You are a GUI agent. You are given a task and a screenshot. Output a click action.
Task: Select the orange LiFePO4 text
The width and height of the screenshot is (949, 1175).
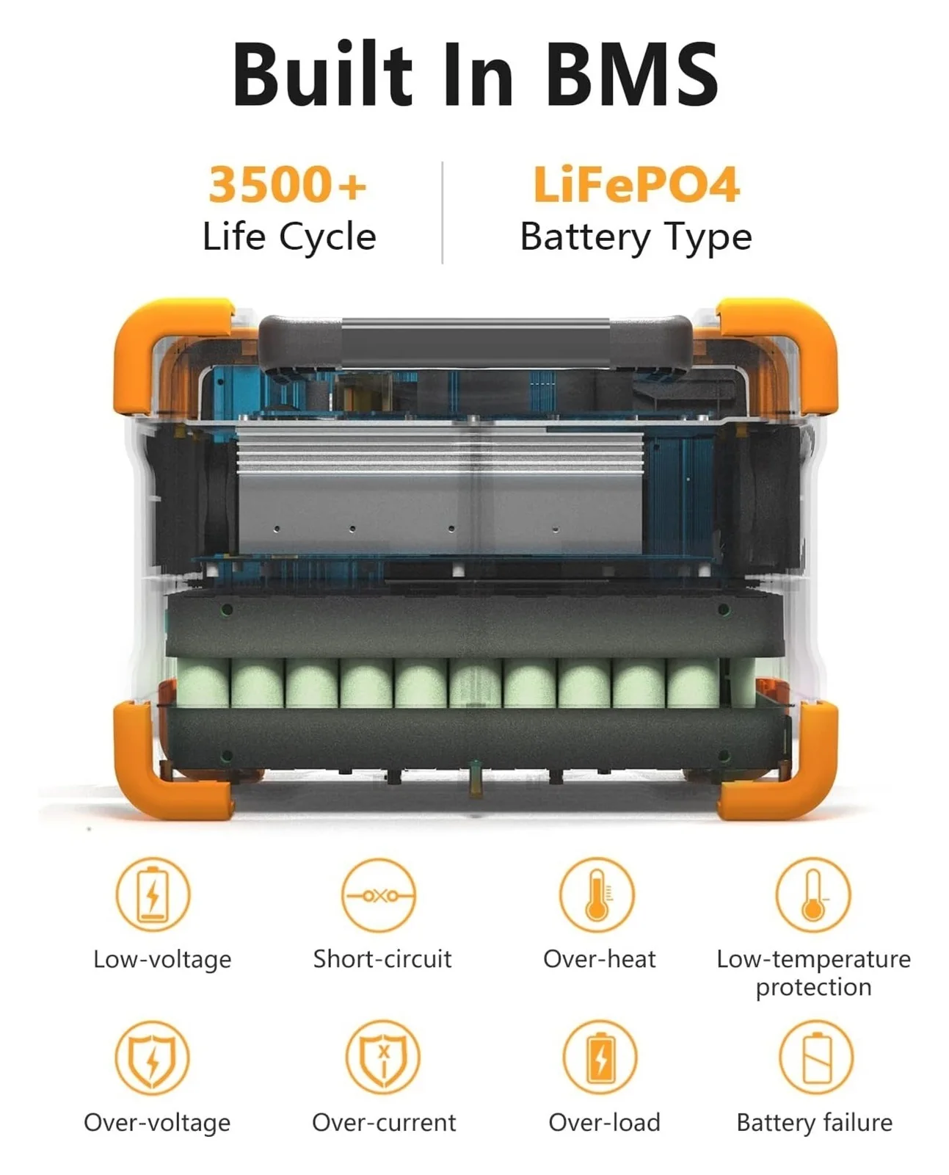tap(636, 184)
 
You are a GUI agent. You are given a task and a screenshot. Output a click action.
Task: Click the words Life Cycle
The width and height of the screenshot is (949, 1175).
tap(289, 237)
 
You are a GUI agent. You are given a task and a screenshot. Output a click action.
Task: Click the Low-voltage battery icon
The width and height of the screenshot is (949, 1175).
tap(153, 894)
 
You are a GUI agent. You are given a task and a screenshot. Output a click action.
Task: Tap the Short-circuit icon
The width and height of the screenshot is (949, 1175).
tap(379, 895)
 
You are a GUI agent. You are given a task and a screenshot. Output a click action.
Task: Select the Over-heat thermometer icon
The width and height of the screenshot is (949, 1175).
tap(597, 894)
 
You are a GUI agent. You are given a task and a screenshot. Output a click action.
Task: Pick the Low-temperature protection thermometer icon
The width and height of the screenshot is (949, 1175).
tap(812, 894)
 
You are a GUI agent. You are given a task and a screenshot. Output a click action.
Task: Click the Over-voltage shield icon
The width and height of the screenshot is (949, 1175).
tap(152, 1058)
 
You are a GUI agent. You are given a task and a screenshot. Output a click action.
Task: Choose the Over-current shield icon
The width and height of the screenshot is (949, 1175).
tap(382, 1058)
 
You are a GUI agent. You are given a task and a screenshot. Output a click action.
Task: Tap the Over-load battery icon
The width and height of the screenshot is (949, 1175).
tap(600, 1058)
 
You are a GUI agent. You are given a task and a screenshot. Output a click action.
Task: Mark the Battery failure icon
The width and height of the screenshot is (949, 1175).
tap(815, 1058)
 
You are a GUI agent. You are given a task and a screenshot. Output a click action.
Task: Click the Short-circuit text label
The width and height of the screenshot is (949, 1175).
tap(382, 959)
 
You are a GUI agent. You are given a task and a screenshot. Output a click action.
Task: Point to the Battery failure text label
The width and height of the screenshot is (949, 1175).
tap(814, 1123)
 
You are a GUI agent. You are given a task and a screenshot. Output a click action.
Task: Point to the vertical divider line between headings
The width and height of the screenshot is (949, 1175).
tap(443, 212)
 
